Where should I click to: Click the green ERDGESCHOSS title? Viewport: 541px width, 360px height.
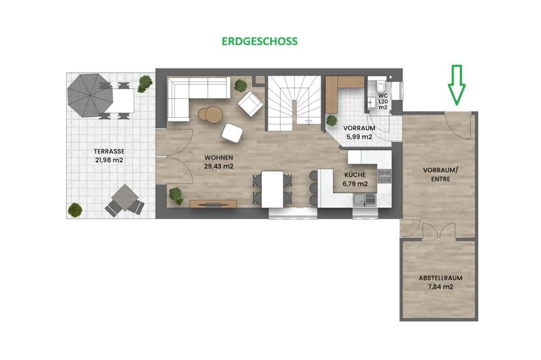click(260, 41)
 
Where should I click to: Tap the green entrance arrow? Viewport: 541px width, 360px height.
click(457, 85)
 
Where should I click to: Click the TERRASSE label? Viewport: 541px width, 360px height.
click(109, 151)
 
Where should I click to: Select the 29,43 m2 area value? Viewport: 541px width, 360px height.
click(219, 166)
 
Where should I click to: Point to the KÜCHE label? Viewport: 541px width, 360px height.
click(355, 175)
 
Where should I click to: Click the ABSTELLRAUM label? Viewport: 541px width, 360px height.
click(440, 278)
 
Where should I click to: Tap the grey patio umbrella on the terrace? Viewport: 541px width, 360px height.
click(90, 96)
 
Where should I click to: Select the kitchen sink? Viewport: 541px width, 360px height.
click(365, 200)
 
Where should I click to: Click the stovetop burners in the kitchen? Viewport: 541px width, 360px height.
click(384, 176)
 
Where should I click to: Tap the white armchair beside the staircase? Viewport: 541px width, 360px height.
click(251, 104)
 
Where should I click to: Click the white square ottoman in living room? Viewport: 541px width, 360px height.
click(232, 132)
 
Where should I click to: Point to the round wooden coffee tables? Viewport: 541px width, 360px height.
click(211, 114)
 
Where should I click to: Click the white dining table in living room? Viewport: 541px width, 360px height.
click(272, 189)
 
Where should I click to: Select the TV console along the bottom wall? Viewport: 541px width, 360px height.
click(213, 204)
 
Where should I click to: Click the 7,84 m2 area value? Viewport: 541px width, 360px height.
click(440, 287)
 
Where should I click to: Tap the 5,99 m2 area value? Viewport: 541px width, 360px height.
click(359, 137)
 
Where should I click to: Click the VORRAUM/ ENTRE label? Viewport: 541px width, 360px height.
click(440, 174)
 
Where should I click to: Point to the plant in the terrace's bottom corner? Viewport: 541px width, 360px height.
click(75, 210)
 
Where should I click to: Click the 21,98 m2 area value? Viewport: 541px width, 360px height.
click(109, 160)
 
